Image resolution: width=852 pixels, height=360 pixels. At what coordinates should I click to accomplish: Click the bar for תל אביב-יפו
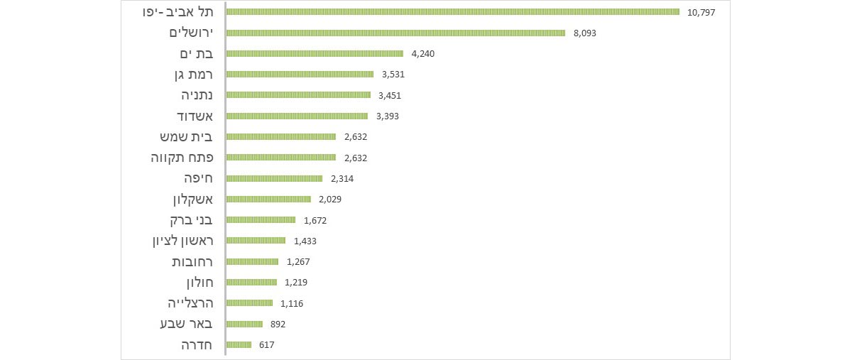[x=452, y=11]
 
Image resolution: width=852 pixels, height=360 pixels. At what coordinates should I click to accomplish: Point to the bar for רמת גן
[x=300, y=74]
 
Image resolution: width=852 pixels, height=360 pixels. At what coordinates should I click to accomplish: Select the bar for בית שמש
[x=281, y=136]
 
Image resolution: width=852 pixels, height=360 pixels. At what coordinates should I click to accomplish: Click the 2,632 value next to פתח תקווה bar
[x=355, y=158]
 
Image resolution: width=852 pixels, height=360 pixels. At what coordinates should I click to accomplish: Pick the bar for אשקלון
[x=268, y=199]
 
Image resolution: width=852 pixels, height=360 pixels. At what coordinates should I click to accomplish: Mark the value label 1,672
[x=315, y=220]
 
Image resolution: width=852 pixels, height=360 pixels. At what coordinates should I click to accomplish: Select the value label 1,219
[x=296, y=282]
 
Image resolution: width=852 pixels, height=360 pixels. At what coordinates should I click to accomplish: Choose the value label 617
[x=266, y=344]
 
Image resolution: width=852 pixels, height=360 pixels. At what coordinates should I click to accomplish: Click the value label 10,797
[x=701, y=12]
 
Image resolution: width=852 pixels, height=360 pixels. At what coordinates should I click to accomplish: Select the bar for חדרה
[x=239, y=344]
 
